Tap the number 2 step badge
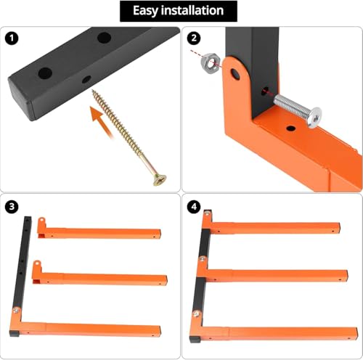point(193,37)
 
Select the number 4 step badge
point(193,206)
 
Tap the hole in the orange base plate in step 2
point(290,128)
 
